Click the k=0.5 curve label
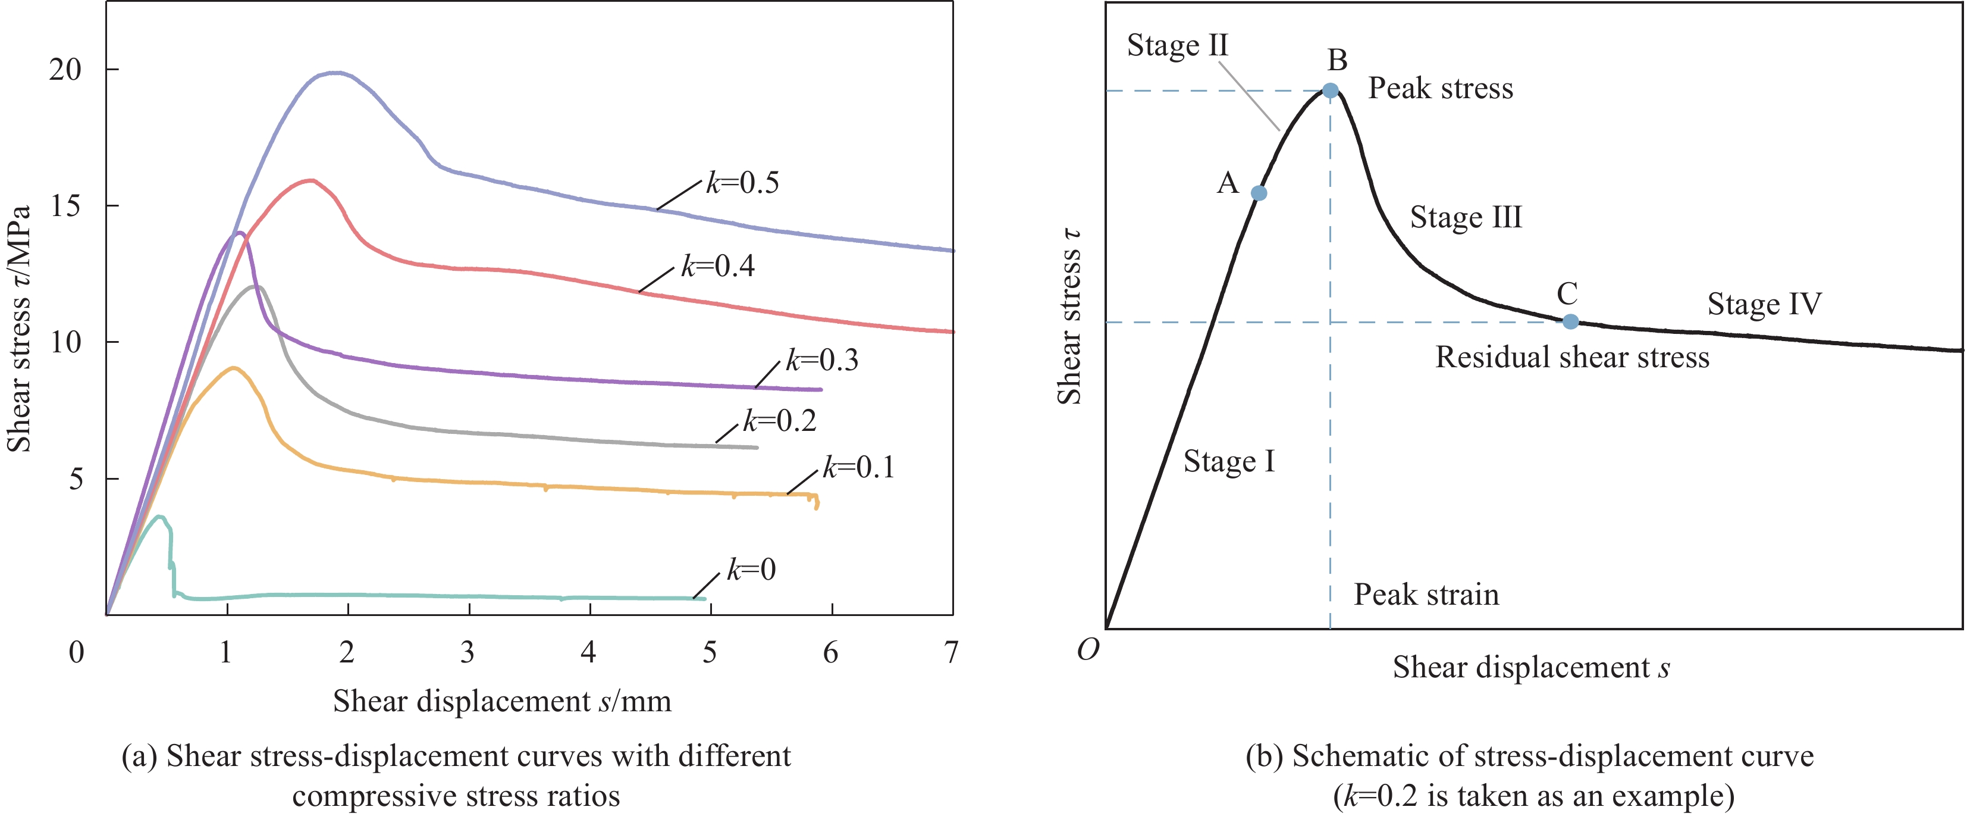click(x=742, y=183)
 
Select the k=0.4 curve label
click(x=718, y=267)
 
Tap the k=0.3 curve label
click(x=823, y=360)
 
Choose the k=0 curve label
click(x=751, y=570)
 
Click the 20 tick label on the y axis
click(x=65, y=70)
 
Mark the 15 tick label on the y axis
click(x=65, y=207)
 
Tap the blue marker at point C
click(x=1570, y=321)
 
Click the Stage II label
click(x=1177, y=45)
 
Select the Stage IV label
click(x=1764, y=304)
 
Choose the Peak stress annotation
click(x=1440, y=89)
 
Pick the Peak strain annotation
click(x=1426, y=595)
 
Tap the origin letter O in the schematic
click(x=1087, y=649)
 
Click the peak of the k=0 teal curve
click(x=159, y=517)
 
